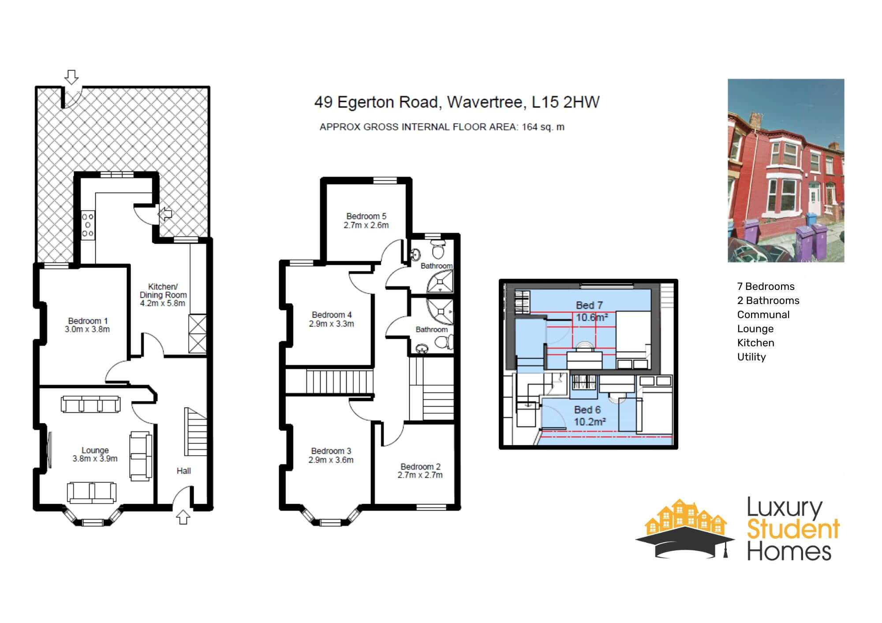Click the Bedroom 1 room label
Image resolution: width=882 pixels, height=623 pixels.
[88, 325]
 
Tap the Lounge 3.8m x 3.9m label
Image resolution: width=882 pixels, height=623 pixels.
[95, 454]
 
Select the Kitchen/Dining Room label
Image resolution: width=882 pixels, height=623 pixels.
[163, 295]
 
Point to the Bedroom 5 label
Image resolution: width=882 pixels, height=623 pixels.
[366, 221]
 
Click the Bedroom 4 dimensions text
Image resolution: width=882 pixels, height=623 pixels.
[332, 324]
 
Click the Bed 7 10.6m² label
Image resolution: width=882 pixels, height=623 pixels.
[589, 311]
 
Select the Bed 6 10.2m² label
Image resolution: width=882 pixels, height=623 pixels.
[587, 415]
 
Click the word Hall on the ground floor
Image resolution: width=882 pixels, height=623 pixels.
[184, 471]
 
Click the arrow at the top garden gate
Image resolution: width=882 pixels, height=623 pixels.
[71, 77]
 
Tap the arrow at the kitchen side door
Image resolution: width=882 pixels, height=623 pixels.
[165, 214]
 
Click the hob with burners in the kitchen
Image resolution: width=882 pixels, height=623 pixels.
[88, 225]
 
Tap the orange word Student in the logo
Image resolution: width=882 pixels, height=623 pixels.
[793, 530]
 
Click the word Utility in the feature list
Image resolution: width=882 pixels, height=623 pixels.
[751, 357]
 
